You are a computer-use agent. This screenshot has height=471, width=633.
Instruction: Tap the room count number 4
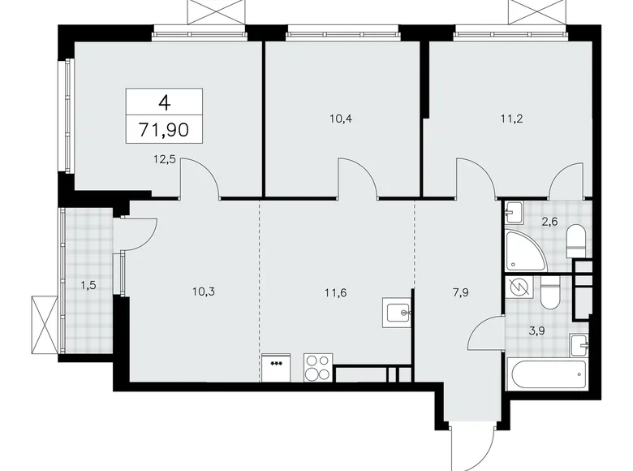point(165,102)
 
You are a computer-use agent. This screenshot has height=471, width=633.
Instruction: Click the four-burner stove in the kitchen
point(318,367)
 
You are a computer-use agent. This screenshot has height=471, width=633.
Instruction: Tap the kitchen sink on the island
point(398,312)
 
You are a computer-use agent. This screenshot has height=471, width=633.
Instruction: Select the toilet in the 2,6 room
point(575,239)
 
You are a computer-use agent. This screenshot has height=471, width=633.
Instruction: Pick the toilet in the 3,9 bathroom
point(549,295)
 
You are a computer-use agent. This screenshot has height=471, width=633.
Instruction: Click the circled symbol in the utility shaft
point(517,288)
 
